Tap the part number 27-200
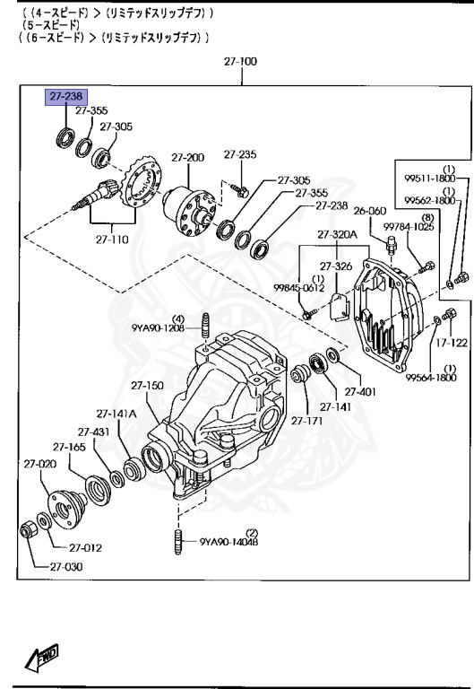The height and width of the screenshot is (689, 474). [x=188, y=157]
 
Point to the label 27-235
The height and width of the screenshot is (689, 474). [x=240, y=153]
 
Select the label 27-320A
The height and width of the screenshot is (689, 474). [x=336, y=235]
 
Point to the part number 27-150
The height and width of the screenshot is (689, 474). [x=148, y=386]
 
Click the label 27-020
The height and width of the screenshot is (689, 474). [x=39, y=464]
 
